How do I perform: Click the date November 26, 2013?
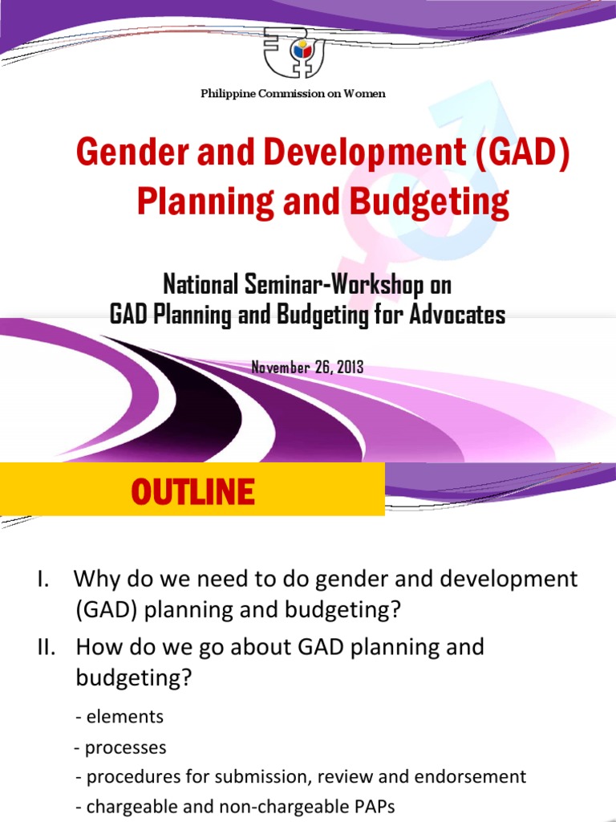tap(307, 367)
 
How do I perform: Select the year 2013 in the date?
tap(350, 367)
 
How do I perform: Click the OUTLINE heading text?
tap(192, 490)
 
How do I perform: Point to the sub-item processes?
tap(125, 747)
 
